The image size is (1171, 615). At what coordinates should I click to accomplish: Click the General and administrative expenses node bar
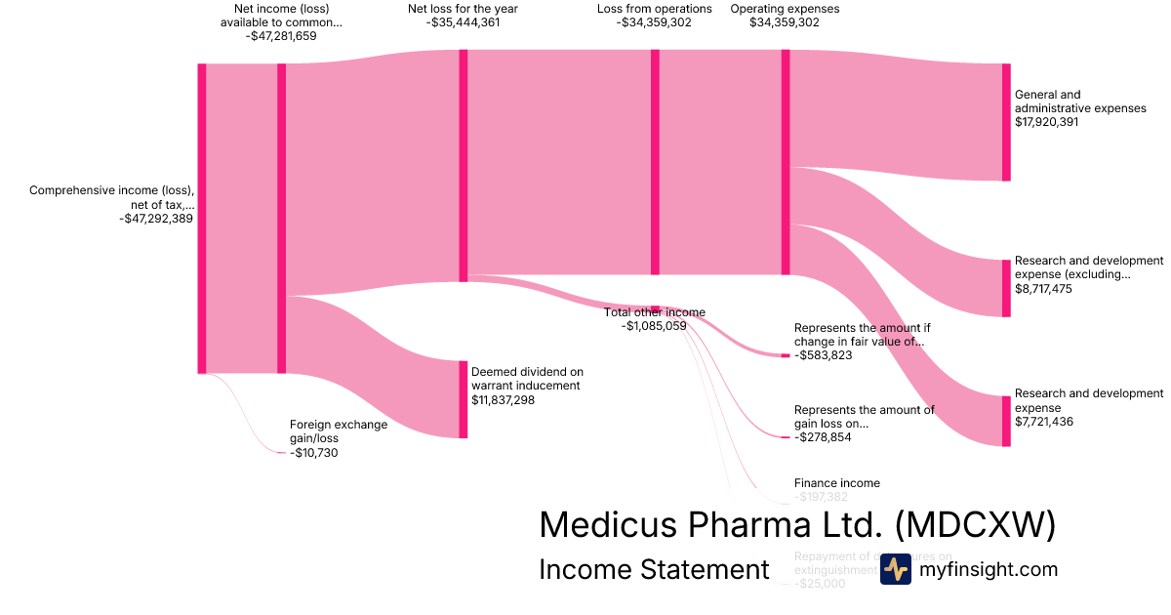pos(1006,122)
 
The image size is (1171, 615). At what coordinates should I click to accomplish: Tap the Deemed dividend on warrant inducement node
pos(464,399)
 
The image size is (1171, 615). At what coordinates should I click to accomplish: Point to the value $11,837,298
pos(503,399)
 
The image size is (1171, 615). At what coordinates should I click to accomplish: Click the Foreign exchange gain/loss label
pos(339,431)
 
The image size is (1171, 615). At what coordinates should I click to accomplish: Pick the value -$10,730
pos(314,453)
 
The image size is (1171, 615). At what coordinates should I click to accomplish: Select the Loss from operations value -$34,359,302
pos(655,22)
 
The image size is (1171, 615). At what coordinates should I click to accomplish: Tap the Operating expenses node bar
pos(786,162)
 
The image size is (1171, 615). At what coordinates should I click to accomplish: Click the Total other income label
pos(654,312)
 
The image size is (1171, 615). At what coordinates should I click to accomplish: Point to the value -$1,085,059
pos(654,326)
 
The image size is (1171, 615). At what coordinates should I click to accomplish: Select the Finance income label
pos(836,483)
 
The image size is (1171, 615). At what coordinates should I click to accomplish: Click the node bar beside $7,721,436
pos(1006,421)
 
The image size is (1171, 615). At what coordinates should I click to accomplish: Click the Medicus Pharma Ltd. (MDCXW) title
pos(797,524)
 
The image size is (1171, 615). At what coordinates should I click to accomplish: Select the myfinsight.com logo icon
pos(895,570)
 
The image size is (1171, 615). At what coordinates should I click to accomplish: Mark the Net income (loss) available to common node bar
pos(282,218)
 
